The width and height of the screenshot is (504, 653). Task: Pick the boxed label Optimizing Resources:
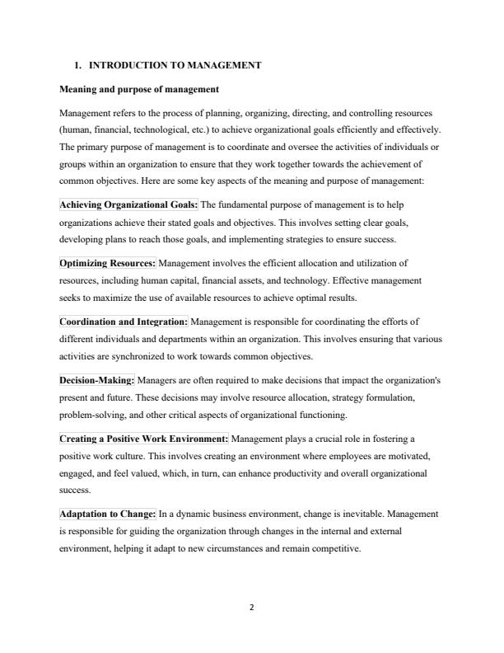click(x=107, y=263)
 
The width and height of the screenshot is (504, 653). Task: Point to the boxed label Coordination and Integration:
click(x=124, y=322)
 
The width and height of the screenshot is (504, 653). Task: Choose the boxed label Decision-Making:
click(x=97, y=382)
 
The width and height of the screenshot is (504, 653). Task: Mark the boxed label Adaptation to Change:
click(x=107, y=514)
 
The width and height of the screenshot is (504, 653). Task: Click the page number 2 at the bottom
click(x=252, y=608)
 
